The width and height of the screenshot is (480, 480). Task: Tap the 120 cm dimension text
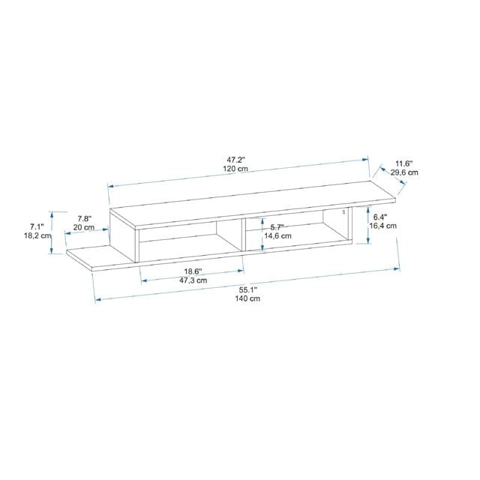pyautogui.click(x=237, y=170)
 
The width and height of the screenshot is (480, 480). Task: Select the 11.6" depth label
pyautogui.click(x=404, y=163)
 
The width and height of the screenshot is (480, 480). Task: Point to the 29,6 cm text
pyautogui.click(x=404, y=172)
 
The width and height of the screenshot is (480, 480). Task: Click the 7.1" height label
pyautogui.click(x=37, y=226)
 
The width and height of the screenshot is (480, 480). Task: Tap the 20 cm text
pyautogui.click(x=84, y=227)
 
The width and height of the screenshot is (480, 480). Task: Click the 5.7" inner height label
pyautogui.click(x=277, y=227)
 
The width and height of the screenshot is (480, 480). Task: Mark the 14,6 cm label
pyautogui.click(x=276, y=236)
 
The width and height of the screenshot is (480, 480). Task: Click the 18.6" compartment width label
pyautogui.click(x=192, y=271)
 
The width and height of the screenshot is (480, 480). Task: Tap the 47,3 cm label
pyautogui.click(x=192, y=280)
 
